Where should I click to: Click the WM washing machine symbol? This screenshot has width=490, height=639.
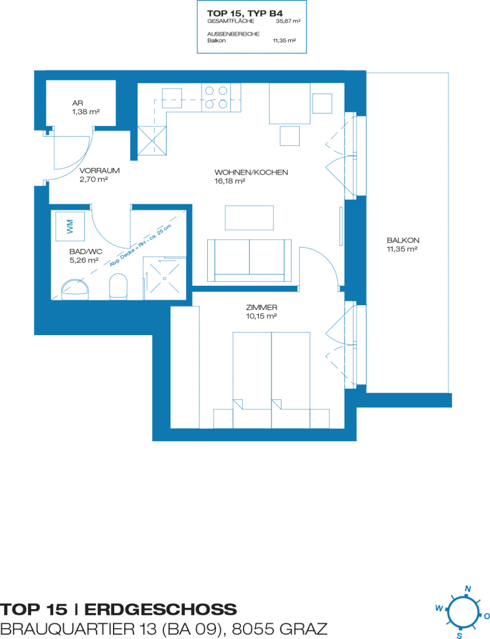click(x=70, y=226)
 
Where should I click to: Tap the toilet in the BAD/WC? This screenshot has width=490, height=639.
click(x=119, y=286)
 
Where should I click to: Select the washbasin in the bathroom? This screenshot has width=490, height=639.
click(x=76, y=290)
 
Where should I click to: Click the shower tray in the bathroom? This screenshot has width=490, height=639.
click(x=164, y=278)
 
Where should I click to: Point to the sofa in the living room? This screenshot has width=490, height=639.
click(x=249, y=260)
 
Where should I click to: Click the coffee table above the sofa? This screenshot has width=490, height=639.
click(x=249, y=218)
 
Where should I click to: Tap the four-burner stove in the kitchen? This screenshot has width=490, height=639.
click(x=216, y=97)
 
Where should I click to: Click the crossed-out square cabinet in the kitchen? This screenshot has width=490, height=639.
click(x=152, y=140)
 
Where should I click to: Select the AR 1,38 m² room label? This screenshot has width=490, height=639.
click(x=86, y=107)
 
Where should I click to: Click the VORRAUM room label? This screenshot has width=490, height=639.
click(x=99, y=171)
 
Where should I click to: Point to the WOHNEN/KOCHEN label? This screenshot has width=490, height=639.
click(x=251, y=172)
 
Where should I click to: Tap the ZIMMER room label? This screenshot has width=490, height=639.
click(x=262, y=308)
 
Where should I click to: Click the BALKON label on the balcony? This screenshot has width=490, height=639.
click(x=403, y=240)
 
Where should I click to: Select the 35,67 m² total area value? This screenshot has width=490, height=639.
click(x=288, y=21)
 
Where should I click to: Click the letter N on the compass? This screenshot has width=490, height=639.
click(x=468, y=589)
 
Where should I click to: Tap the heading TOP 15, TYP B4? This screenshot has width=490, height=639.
click(x=245, y=14)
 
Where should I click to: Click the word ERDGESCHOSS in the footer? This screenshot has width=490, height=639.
click(x=160, y=610)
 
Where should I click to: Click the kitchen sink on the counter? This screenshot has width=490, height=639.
click(x=172, y=98)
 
